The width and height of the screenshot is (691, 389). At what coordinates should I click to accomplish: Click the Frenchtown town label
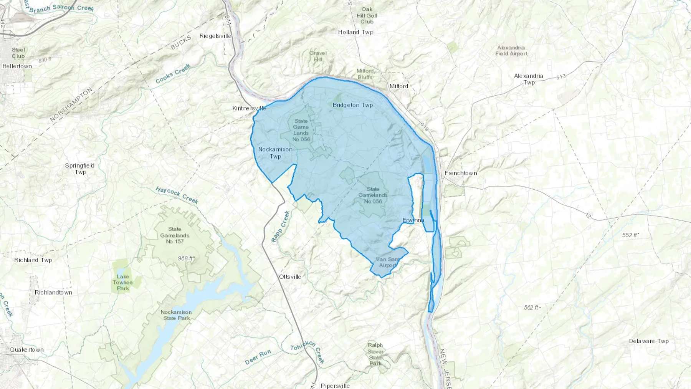coord(461,173)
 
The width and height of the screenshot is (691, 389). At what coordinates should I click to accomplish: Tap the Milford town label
coord(398,86)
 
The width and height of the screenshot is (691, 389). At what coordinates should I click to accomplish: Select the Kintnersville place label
coord(249,108)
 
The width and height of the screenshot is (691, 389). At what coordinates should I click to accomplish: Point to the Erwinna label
coord(413,220)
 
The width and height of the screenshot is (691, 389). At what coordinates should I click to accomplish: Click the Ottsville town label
coord(290,276)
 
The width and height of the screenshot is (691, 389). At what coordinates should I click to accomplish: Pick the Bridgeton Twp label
coord(352,105)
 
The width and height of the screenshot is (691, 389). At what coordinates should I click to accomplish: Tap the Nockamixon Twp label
coord(275,153)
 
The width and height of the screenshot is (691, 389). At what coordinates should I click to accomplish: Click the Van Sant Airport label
coord(387,262)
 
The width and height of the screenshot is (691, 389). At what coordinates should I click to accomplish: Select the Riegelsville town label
coord(215,36)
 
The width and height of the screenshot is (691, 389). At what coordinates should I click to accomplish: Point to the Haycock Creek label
coord(177,195)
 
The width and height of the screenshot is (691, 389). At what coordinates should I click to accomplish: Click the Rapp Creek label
coord(281,227)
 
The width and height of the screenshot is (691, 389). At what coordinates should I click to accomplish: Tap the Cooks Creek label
coord(173,74)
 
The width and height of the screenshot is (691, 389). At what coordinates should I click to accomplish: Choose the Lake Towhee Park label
coord(122,282)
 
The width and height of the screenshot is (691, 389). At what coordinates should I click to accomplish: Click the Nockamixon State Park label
coord(176,315)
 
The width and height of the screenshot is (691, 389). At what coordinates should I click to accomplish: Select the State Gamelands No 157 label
coord(175,235)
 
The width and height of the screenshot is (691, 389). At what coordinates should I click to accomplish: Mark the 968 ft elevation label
coord(186,258)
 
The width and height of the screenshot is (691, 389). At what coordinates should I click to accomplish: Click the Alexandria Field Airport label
coord(511,51)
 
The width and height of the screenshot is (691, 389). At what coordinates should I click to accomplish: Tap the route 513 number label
coord(561,77)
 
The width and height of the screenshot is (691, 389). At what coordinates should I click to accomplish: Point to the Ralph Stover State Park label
coord(375,354)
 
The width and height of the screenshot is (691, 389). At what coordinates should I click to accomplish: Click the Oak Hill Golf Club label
coord(367,15)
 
